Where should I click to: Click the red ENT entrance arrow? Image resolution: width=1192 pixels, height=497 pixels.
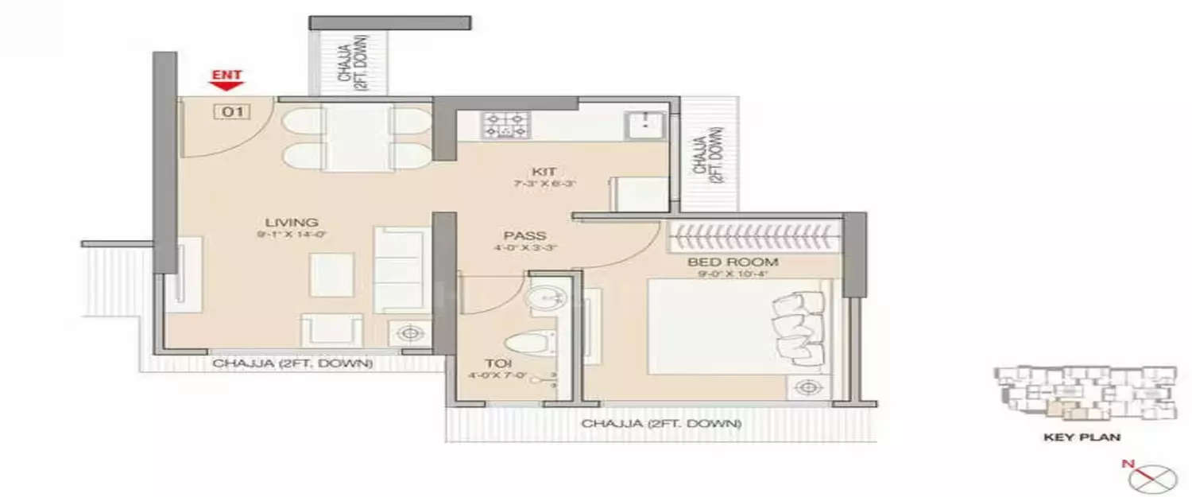click(x=226, y=80)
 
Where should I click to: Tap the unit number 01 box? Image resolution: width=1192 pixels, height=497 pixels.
click(x=231, y=112)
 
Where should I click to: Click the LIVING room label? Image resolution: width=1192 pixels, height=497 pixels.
click(x=292, y=222)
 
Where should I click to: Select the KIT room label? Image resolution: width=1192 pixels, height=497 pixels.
click(x=544, y=171)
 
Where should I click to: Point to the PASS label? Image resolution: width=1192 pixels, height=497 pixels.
click(x=524, y=235)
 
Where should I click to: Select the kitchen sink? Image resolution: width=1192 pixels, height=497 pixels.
click(x=644, y=125)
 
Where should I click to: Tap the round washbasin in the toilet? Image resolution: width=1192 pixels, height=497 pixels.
click(x=546, y=296)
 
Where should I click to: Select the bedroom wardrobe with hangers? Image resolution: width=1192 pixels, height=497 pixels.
click(x=755, y=236)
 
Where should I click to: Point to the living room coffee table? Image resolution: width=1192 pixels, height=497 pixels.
click(x=331, y=274)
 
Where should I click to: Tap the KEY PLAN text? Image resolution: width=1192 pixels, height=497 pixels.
click(x=1082, y=437)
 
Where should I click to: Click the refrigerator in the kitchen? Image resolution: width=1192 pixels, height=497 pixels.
click(x=638, y=194)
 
